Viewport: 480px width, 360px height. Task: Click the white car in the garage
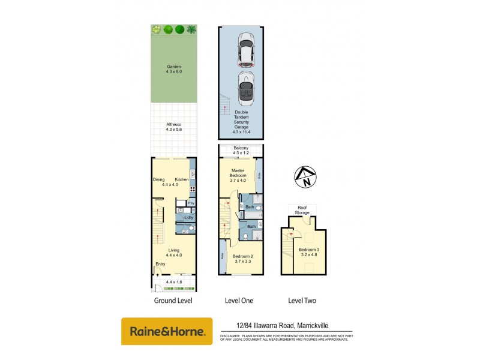click(245, 50)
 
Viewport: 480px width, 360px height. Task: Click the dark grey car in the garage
click(245, 88)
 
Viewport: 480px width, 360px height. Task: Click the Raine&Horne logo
click(167, 331)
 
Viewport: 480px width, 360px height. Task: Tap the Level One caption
click(240, 301)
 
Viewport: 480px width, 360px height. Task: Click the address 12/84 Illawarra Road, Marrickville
click(285, 326)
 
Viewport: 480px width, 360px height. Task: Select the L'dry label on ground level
click(188, 217)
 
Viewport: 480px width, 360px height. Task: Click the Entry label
click(161, 264)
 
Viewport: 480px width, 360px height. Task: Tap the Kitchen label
click(182, 179)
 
